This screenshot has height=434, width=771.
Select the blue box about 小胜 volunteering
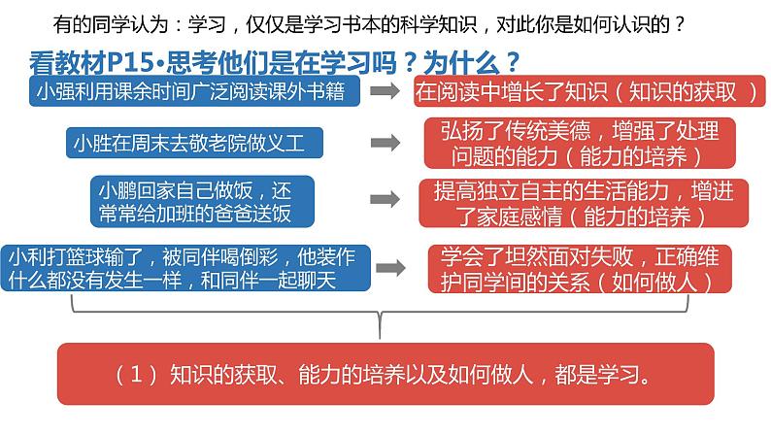coord(193,144)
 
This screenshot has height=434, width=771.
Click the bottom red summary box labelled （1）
coord(385,374)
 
